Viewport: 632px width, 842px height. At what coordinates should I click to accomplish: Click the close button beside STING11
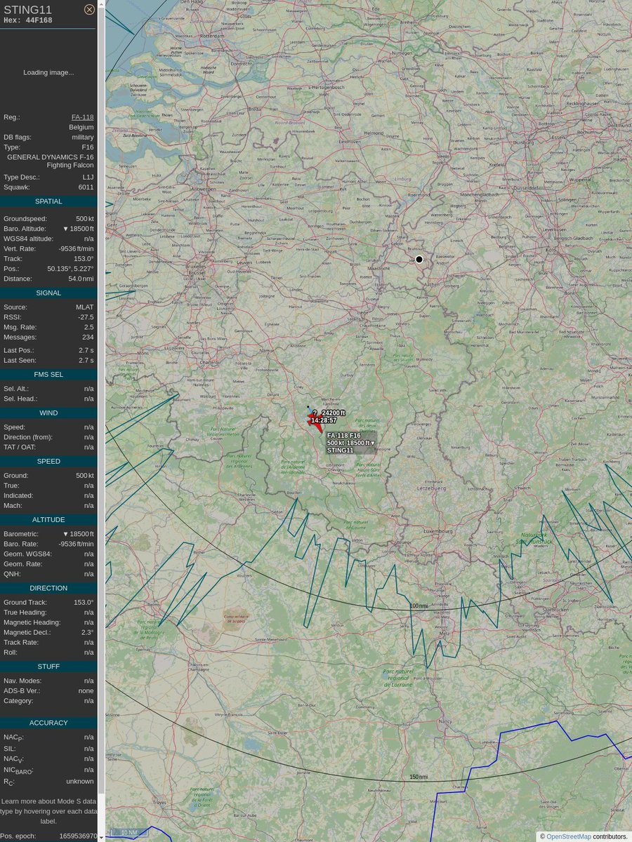click(89, 9)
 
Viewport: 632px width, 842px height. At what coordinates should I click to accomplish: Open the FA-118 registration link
click(82, 117)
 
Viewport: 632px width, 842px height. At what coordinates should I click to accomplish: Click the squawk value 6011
click(86, 187)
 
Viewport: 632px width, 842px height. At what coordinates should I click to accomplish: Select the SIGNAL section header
click(48, 293)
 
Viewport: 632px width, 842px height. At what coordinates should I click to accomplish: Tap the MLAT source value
click(84, 307)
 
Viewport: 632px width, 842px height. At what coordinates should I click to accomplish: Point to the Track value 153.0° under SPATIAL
click(84, 259)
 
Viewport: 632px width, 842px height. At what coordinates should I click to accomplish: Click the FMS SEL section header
click(48, 375)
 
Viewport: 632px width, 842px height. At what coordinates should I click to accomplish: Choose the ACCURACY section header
click(48, 723)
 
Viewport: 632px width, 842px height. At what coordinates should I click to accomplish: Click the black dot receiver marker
click(419, 260)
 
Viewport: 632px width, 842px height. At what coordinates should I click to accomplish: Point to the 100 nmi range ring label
click(419, 606)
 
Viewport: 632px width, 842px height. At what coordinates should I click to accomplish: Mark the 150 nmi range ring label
click(419, 777)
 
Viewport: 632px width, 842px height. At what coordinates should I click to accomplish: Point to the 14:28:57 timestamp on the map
click(324, 420)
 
